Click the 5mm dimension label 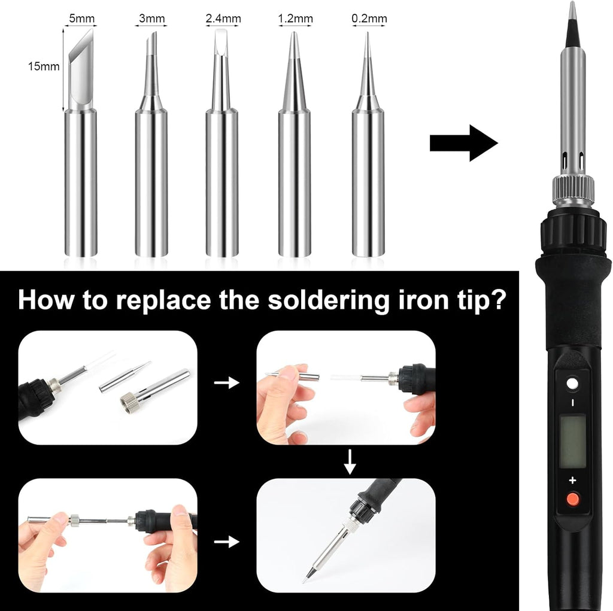coord(81,19)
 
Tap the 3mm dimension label coord(151,19)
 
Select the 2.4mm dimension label coord(223,19)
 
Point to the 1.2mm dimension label coord(295,19)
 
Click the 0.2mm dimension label coord(369,19)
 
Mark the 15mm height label coord(44,66)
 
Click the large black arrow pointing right coord(463,143)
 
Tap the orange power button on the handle coord(572,498)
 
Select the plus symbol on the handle coord(572,480)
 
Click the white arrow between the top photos coord(226,383)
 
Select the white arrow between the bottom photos coord(226,542)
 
